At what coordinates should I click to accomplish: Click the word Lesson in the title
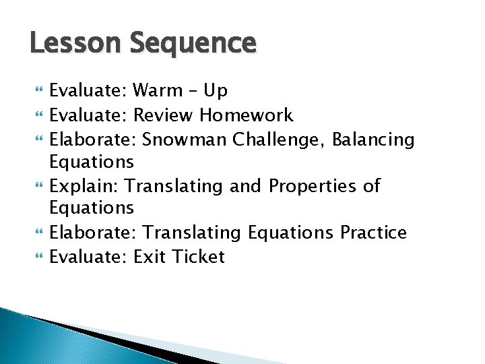[x=65, y=43]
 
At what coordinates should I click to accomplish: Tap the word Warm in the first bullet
[x=157, y=90]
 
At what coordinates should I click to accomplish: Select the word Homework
[x=247, y=115]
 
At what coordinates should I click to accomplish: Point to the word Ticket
[x=197, y=256]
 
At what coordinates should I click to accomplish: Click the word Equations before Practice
[x=291, y=233]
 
